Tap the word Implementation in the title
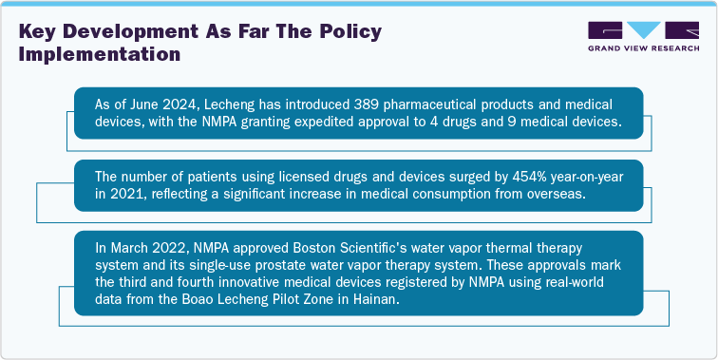click(x=100, y=54)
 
